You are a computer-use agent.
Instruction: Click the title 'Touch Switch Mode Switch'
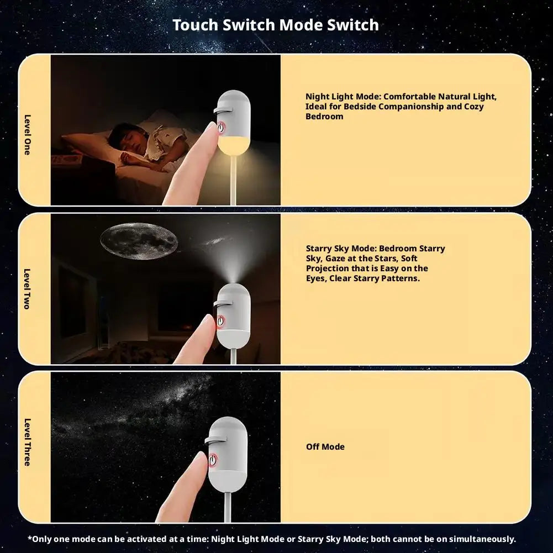pyautogui.click(x=276, y=25)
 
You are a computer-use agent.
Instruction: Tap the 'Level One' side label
pyautogui.click(x=27, y=135)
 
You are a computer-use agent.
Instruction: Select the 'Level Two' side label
pyautogui.click(x=27, y=289)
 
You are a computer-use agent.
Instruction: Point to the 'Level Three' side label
pyautogui.click(x=27, y=443)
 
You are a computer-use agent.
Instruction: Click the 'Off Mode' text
pyautogui.click(x=325, y=446)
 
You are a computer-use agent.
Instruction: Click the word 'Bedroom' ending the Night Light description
pyautogui.click(x=324, y=117)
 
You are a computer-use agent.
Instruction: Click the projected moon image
pyautogui.click(x=139, y=241)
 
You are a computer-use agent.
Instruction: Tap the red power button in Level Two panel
pyautogui.click(x=220, y=321)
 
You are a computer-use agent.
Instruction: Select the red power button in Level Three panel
pyautogui.click(x=213, y=461)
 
